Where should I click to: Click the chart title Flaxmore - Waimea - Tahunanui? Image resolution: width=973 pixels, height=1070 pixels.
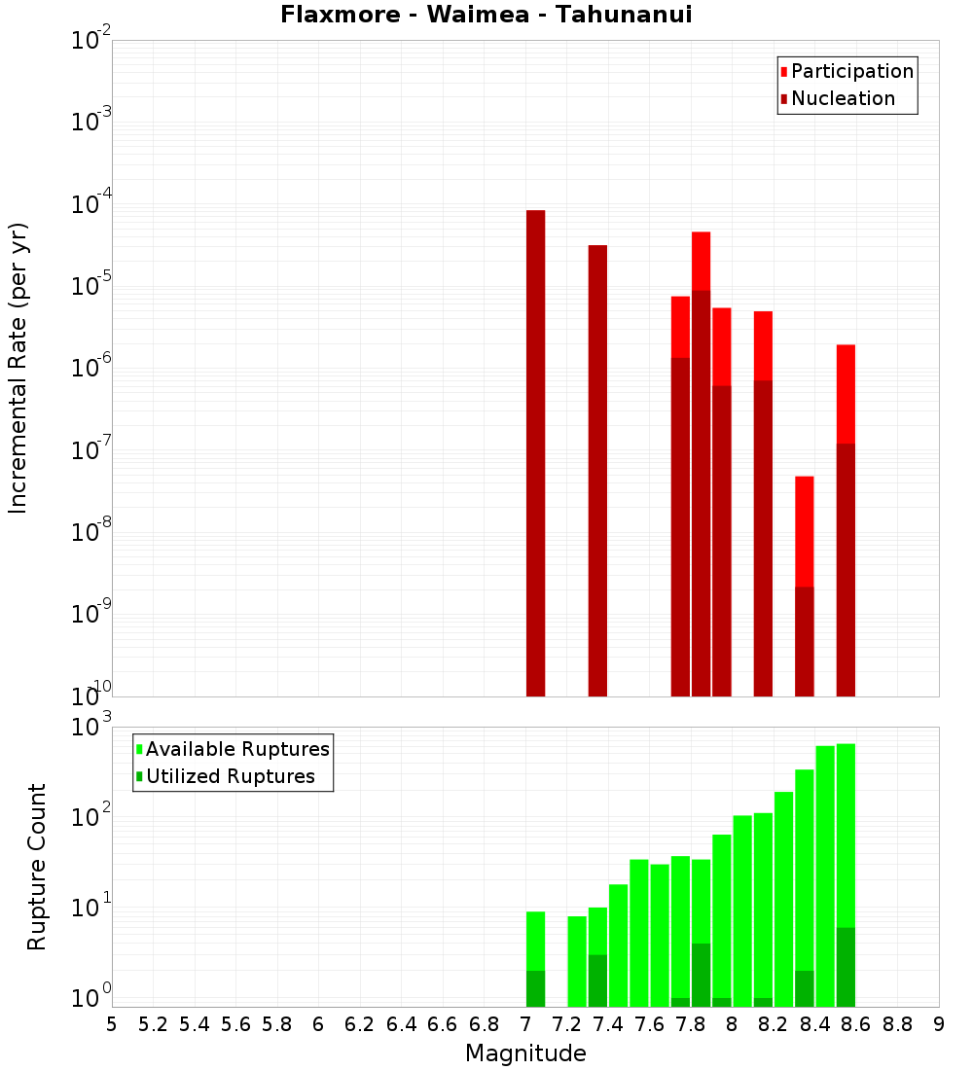[486, 15]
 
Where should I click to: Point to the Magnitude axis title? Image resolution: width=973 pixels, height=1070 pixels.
[525, 1053]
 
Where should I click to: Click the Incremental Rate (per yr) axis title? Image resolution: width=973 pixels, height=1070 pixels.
[18, 368]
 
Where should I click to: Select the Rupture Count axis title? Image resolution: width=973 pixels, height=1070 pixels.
[37, 867]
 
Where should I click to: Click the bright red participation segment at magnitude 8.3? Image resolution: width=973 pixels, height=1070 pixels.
[805, 531]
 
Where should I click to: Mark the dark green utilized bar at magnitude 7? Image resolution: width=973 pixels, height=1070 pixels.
[535, 988]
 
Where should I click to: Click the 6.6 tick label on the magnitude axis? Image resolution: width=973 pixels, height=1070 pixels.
[443, 1024]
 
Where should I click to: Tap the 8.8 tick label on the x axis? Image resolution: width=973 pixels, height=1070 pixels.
[897, 1024]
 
